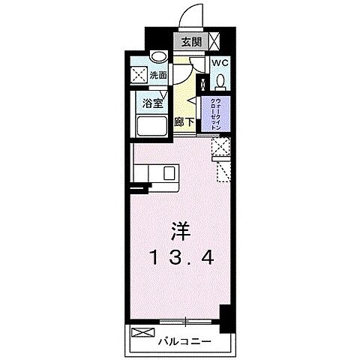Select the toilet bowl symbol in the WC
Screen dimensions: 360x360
pos(220,79)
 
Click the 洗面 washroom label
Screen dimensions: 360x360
pos(158,76)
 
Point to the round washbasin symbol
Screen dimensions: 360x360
pos(157,56)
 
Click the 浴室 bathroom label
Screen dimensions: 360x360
pos(151,104)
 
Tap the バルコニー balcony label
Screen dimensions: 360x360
pos(184,342)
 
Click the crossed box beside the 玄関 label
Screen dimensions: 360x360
pos(214,42)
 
